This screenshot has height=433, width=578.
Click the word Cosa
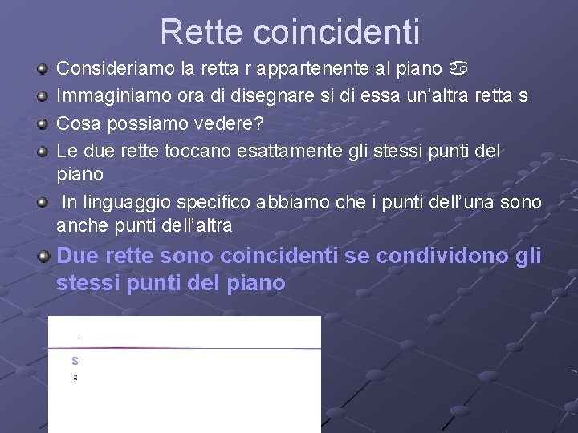point(75,123)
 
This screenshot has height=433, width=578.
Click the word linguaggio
point(128,202)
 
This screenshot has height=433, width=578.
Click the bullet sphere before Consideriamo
point(43,70)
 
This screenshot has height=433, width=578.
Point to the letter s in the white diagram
point(75,361)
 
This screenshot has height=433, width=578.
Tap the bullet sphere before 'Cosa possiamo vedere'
point(43,123)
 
